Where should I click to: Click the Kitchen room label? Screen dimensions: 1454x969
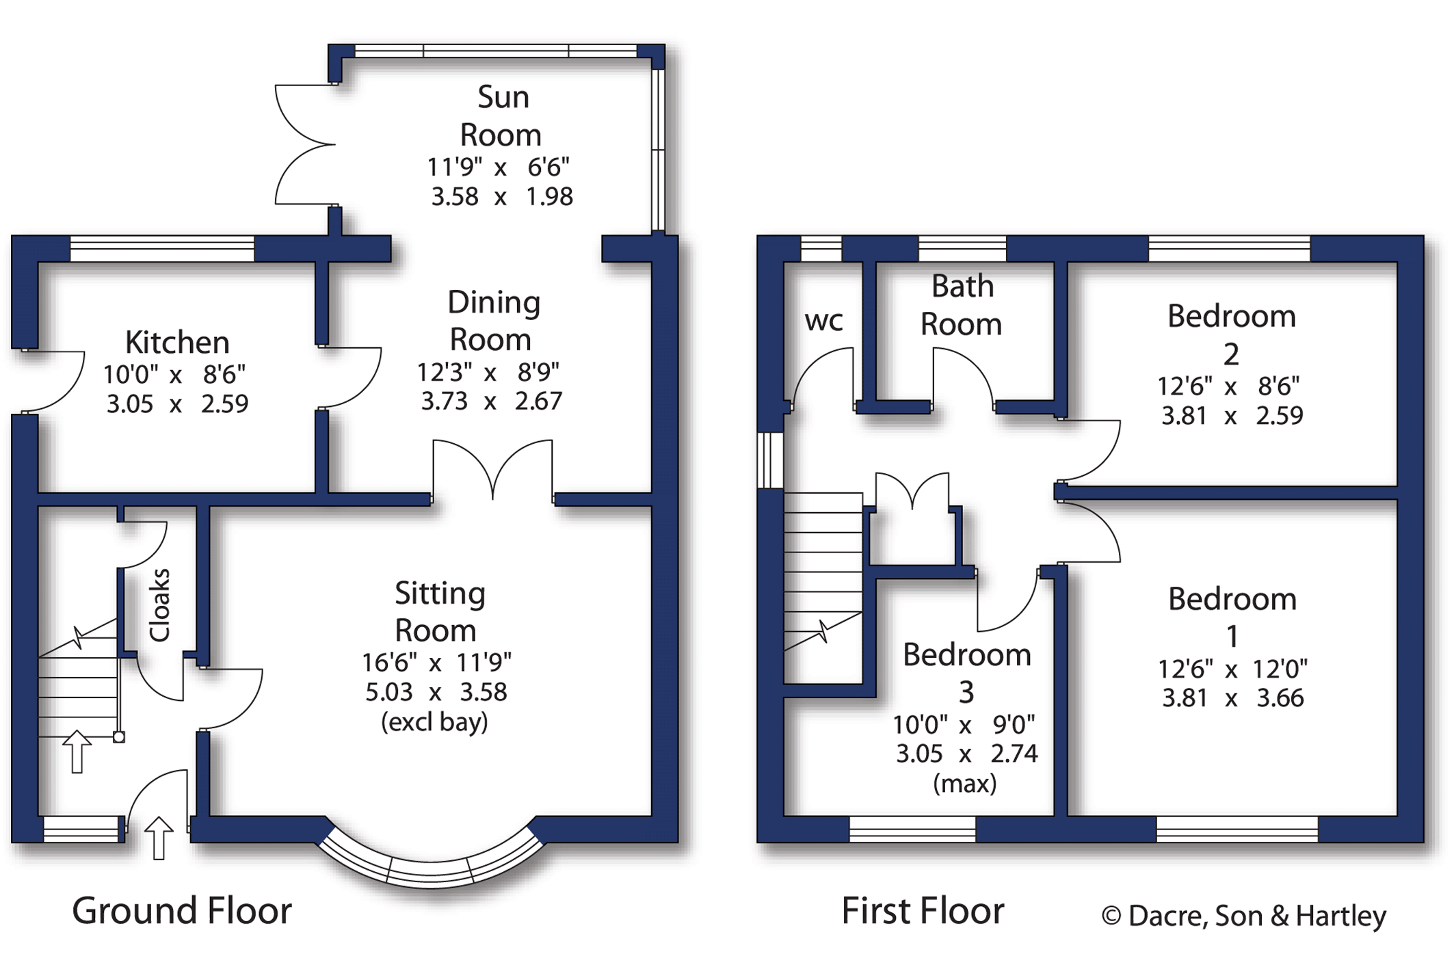[177, 342]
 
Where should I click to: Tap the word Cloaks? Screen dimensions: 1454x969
[159, 605]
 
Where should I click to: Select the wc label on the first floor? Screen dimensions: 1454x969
[823, 321]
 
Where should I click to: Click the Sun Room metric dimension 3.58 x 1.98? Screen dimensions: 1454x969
[501, 197]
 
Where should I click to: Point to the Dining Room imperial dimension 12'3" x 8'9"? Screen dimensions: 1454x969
[488, 372]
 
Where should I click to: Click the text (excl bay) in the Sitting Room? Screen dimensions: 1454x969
[434, 722]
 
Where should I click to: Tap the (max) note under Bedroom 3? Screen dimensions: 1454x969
[964, 783]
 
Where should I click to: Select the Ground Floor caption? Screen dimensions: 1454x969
[182, 911]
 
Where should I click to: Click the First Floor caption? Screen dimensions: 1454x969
[923, 911]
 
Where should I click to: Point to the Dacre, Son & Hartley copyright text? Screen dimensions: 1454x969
[1243, 916]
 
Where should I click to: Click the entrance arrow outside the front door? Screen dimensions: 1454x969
[159, 838]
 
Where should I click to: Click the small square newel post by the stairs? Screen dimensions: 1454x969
[119, 737]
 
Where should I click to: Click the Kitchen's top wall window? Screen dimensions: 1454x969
[162, 249]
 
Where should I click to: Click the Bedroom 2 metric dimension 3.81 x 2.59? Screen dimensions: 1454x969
[1232, 416]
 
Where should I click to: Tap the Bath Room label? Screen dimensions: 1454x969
[962, 305]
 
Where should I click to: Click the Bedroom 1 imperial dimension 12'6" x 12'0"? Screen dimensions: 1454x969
[1232, 669]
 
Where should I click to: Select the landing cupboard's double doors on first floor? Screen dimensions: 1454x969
[912, 490]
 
